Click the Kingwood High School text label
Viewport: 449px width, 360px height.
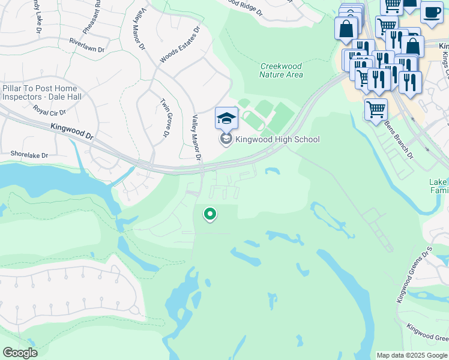point(277,140)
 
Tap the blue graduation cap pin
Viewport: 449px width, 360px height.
point(226,118)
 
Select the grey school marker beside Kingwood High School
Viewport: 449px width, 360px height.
point(226,140)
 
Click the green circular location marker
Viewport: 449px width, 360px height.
point(209,214)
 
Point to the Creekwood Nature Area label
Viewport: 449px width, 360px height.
point(281,70)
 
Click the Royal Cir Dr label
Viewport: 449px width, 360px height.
point(50,110)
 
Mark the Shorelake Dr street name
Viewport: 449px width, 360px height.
point(29,155)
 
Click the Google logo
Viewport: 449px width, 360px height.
point(20,352)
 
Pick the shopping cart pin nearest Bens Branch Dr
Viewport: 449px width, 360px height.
point(376,110)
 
